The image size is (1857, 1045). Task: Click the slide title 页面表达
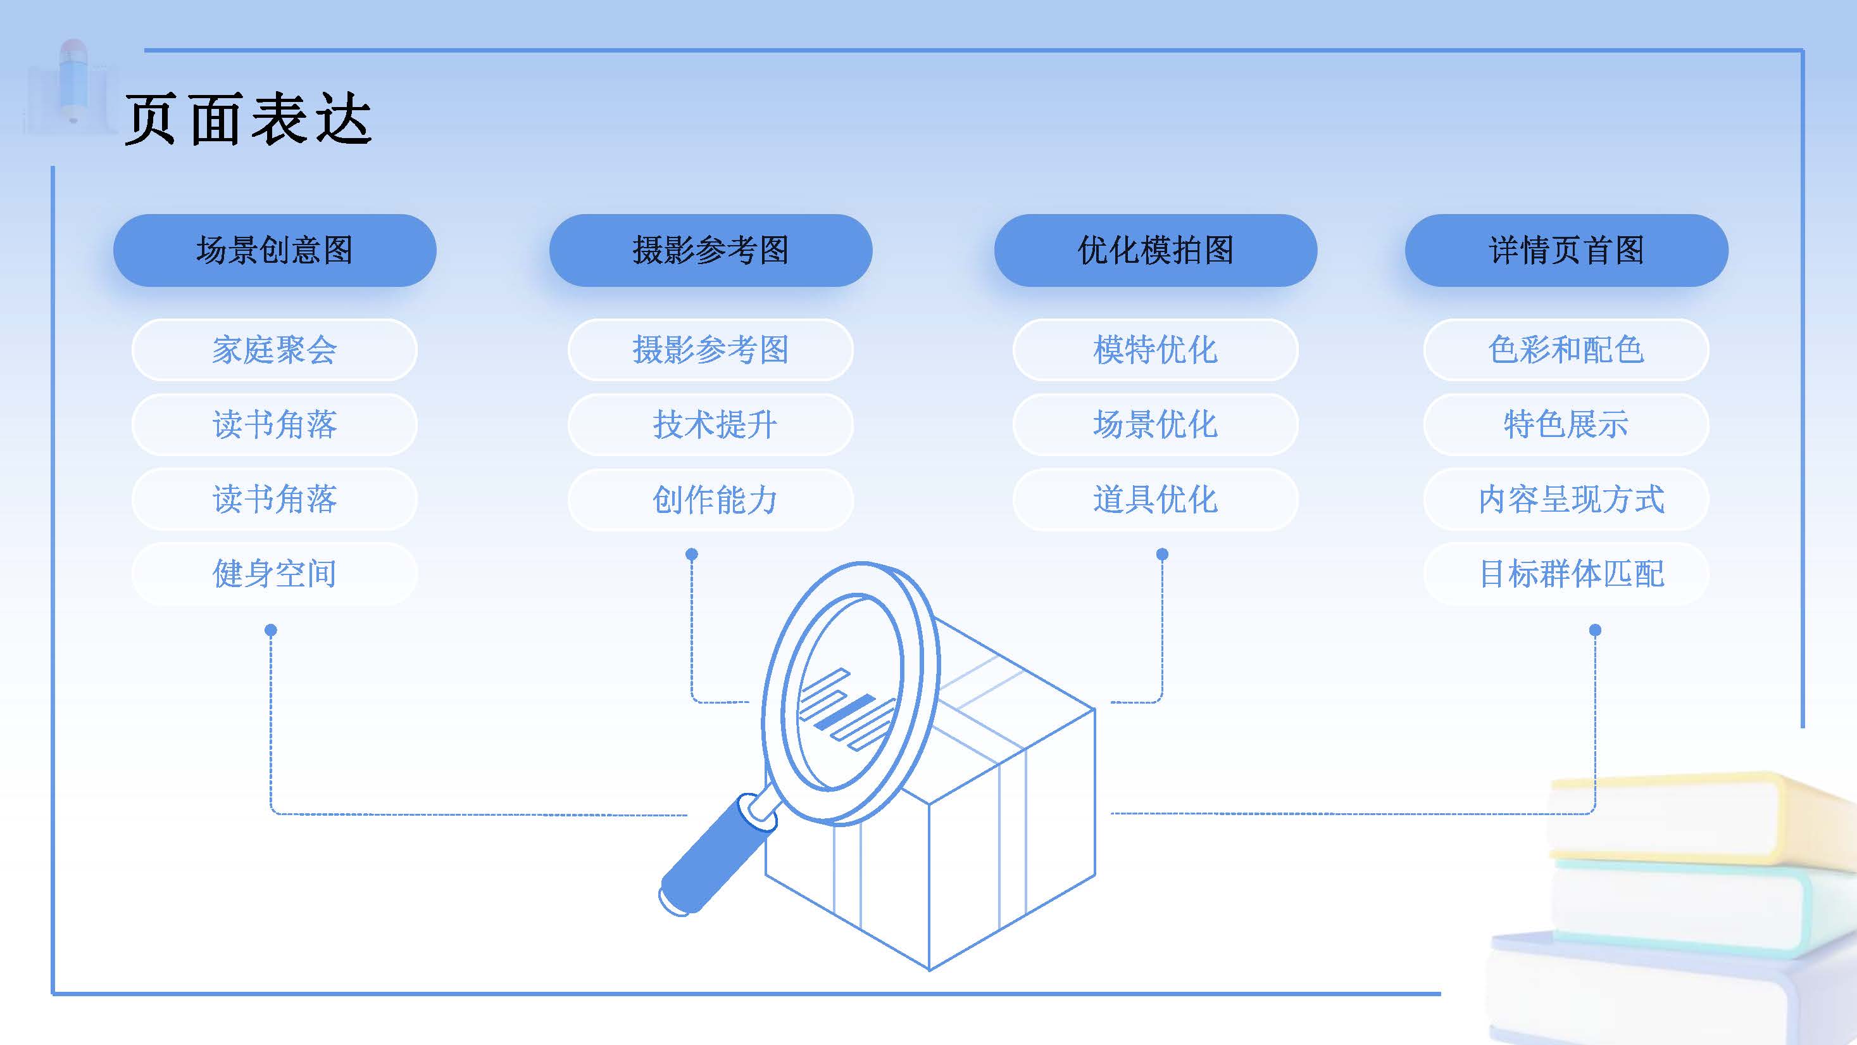coord(248,119)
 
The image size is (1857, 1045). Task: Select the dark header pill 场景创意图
coord(275,250)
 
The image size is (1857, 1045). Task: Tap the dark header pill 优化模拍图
coord(1155,250)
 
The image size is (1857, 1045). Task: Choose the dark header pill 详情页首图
coord(1566,250)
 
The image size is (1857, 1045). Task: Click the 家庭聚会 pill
coord(275,350)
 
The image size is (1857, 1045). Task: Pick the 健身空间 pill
coord(275,573)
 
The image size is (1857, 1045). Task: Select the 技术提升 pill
coord(711,425)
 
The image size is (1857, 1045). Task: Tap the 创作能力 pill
coord(711,499)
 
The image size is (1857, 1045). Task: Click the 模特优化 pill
coord(1155,350)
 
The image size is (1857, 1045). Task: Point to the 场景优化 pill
coord(1155,425)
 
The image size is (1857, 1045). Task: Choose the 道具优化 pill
coord(1155,499)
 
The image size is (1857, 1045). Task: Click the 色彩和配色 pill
coord(1566,350)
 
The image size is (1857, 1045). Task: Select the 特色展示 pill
coord(1566,425)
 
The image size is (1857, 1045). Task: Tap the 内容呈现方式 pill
coord(1566,499)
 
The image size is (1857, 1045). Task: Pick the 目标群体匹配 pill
coord(1566,573)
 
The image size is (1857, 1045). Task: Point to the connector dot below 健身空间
coord(271,630)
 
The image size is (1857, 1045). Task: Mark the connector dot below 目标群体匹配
coord(1596,630)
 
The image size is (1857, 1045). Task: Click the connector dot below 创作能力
coord(691,554)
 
